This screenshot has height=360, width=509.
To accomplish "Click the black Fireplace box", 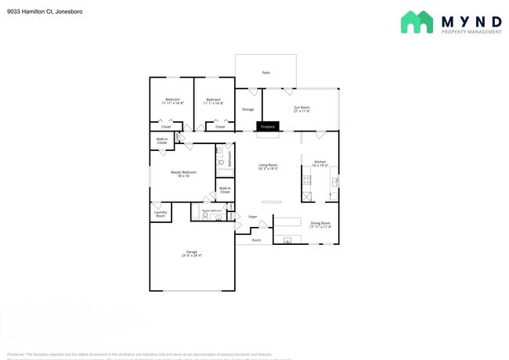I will tap(267, 126).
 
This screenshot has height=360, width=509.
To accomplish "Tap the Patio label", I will tap(265, 73).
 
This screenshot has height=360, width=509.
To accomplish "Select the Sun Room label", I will tap(301, 108).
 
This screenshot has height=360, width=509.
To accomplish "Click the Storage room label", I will tap(247, 110).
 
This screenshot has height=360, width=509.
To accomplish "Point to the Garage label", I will tap(191, 253).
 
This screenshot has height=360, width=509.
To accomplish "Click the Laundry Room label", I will tap(161, 214).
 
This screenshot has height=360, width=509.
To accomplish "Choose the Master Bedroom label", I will tap(183, 173).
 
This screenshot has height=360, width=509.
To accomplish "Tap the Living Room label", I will tap(269, 166).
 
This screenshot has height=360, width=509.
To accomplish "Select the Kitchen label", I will tap(319, 163).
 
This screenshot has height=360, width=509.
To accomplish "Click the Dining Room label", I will tap(320, 225).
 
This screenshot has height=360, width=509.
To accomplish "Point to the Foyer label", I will tap(253, 217).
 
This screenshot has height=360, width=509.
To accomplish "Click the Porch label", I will tap(257, 240).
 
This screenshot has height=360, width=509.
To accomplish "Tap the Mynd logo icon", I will tap(417, 22).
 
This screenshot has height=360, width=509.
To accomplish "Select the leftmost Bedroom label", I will tap(171, 101).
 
